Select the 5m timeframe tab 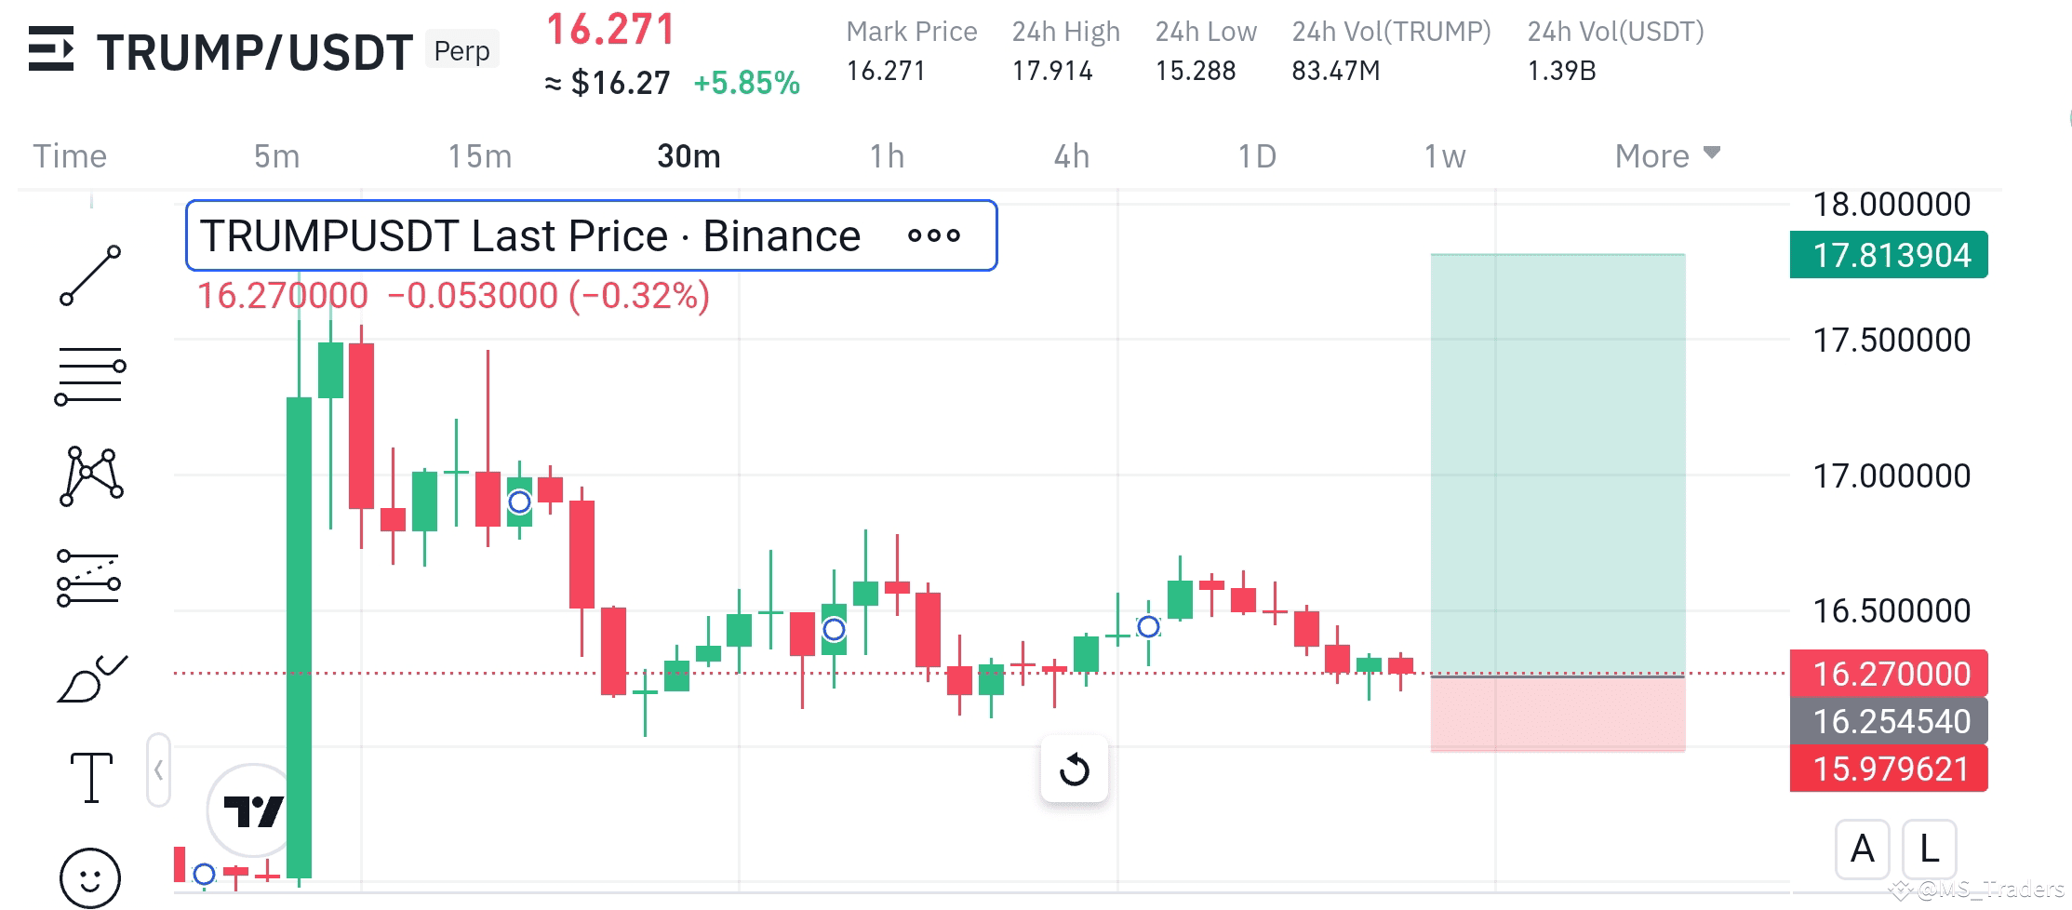tap(276, 156)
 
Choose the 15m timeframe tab tap(479, 156)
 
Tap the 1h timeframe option tap(887, 156)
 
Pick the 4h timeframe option tap(1071, 156)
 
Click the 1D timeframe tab tap(1256, 156)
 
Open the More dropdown tap(1666, 156)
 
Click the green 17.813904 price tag tap(1888, 255)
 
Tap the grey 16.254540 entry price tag tap(1888, 721)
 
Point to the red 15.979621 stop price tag tap(1888, 769)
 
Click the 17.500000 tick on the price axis tap(1891, 341)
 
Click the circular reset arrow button tap(1074, 769)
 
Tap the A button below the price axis tap(1862, 849)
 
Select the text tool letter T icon tap(91, 777)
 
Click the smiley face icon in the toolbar tap(90, 877)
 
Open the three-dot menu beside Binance tap(933, 235)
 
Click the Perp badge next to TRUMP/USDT tap(461, 50)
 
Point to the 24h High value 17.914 tap(1051, 71)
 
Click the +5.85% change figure tap(746, 83)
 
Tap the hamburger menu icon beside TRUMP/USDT tap(50, 48)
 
